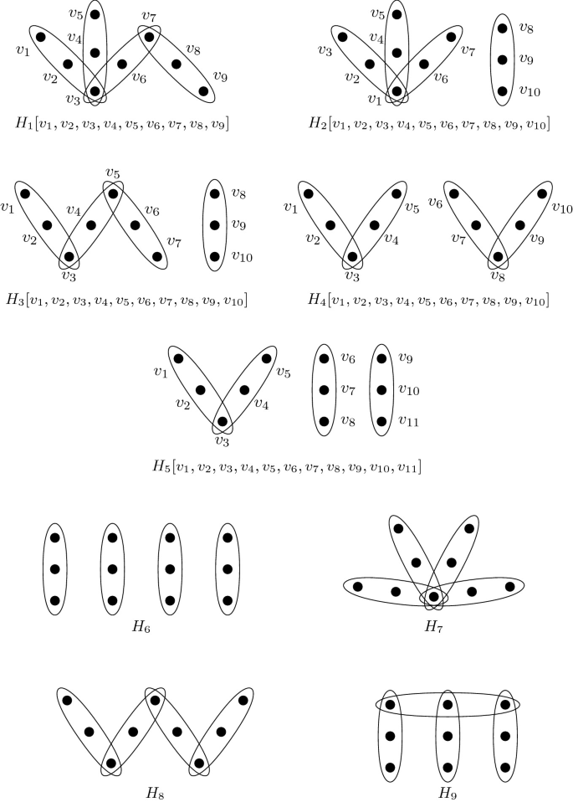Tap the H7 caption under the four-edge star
point(433,627)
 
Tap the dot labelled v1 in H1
point(40,37)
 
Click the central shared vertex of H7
point(433,596)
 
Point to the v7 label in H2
point(468,50)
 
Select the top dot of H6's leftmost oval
point(55,537)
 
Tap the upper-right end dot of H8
point(243,700)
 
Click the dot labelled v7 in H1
point(150,36)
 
